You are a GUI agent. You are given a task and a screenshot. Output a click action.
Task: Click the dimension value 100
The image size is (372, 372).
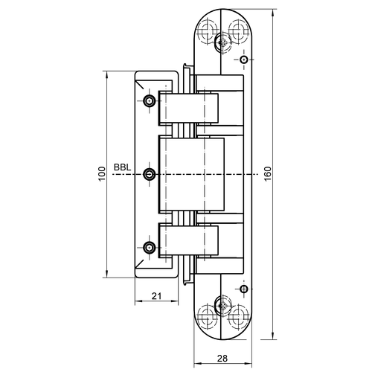[x=102, y=174]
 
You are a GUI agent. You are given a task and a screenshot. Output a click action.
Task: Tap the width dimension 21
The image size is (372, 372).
[x=156, y=296]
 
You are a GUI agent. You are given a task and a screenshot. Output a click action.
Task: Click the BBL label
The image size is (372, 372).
[x=122, y=167]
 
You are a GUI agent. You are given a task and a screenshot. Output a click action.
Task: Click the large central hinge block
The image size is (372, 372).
[x=191, y=174]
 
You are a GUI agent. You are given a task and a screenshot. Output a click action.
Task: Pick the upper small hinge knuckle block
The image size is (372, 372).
[x=189, y=109]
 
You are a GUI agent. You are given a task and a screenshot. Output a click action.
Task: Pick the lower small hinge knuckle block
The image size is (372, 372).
[x=189, y=240]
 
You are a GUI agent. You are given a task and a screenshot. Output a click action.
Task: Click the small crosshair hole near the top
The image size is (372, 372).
[x=243, y=60]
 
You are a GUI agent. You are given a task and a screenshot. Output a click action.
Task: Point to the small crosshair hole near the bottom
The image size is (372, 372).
[x=243, y=289]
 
